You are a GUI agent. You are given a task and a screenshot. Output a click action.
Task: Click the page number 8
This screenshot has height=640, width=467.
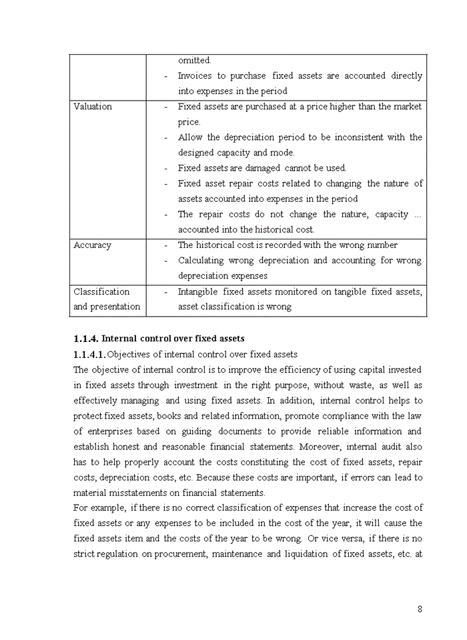click(420, 609)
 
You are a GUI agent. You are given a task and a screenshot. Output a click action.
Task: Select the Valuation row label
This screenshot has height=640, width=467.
click(93, 107)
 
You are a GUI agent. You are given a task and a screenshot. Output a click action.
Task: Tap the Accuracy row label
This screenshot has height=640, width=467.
click(92, 245)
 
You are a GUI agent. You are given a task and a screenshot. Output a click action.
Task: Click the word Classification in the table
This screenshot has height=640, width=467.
click(101, 291)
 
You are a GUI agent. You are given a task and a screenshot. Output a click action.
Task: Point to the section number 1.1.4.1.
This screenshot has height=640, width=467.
click(89, 354)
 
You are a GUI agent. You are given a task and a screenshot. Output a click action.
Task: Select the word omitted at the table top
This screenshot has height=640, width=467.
click(194, 61)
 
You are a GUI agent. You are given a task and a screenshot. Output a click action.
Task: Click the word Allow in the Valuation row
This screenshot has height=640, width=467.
click(190, 137)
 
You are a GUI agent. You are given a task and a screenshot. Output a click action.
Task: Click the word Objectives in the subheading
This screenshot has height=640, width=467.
click(129, 354)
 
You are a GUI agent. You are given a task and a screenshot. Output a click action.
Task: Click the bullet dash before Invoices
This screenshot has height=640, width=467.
click(165, 76)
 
